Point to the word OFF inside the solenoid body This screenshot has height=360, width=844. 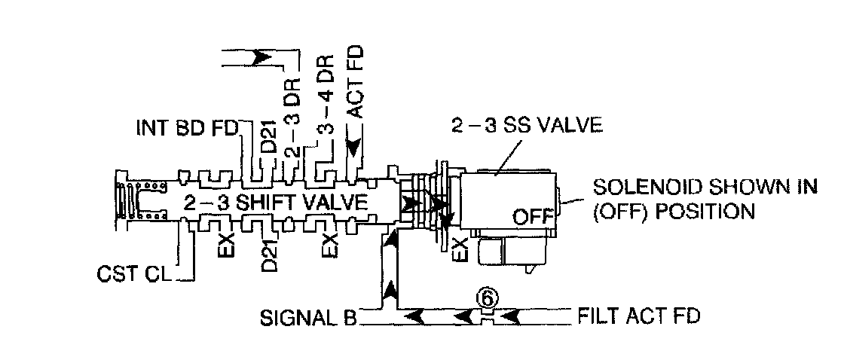[534, 217]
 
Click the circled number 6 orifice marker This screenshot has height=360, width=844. [487, 297]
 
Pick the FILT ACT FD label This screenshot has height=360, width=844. [639, 315]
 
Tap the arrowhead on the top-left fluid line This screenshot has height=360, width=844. [265, 56]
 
